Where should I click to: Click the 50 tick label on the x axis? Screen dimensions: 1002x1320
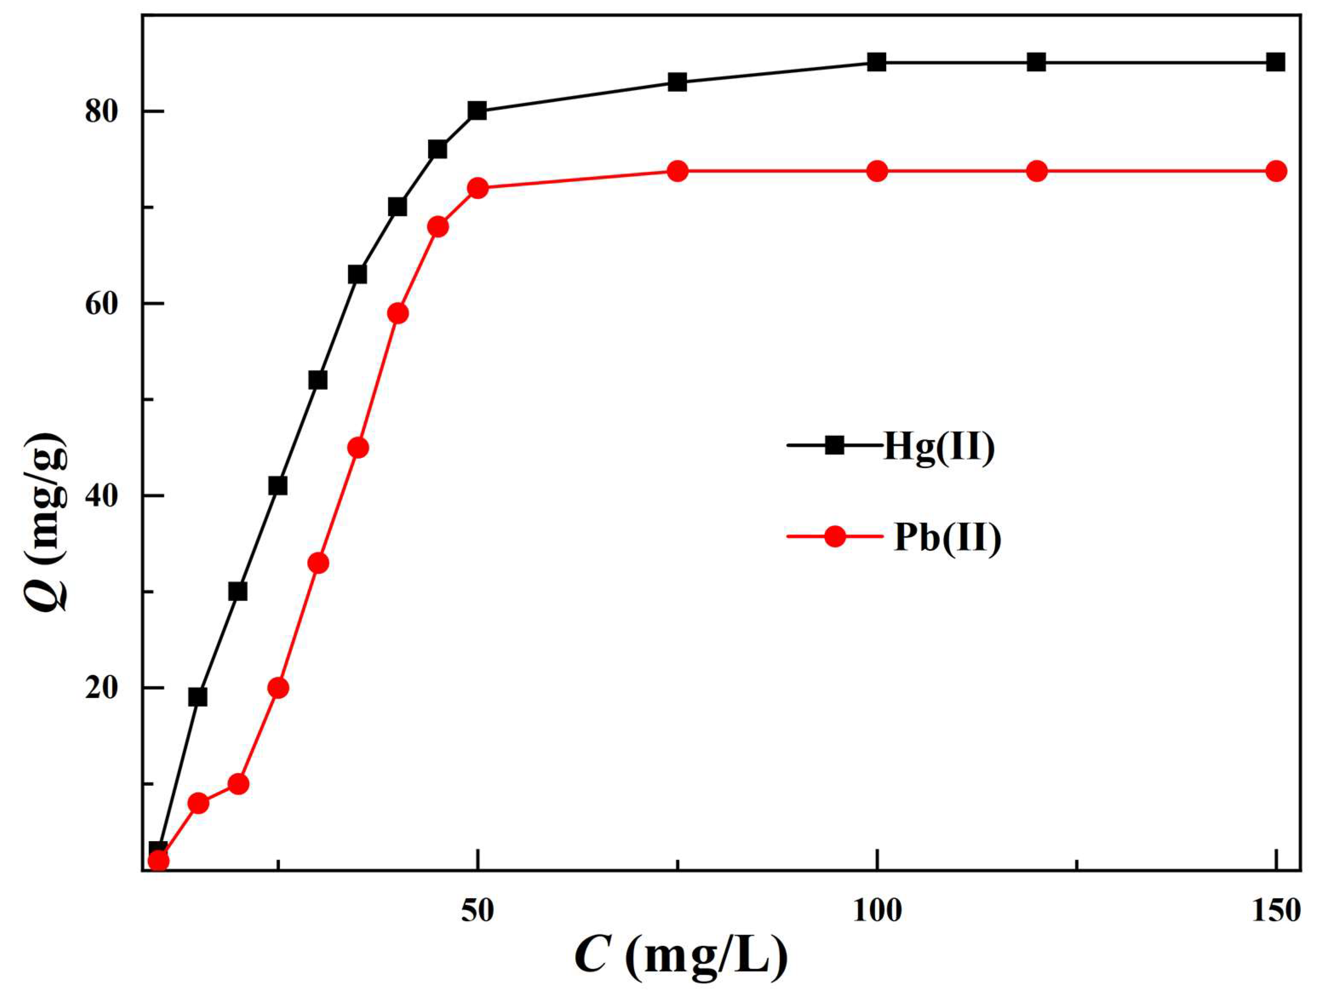coord(478,911)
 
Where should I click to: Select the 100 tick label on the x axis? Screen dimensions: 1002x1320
coord(876,911)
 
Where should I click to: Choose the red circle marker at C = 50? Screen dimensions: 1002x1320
coord(478,189)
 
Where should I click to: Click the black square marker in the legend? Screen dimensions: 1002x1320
coord(834,445)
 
